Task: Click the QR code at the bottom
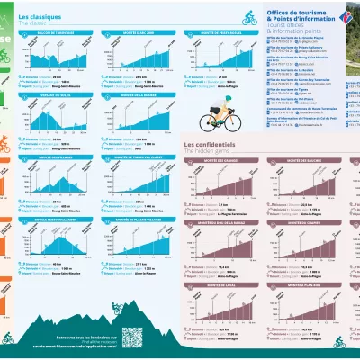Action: point(133,336)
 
